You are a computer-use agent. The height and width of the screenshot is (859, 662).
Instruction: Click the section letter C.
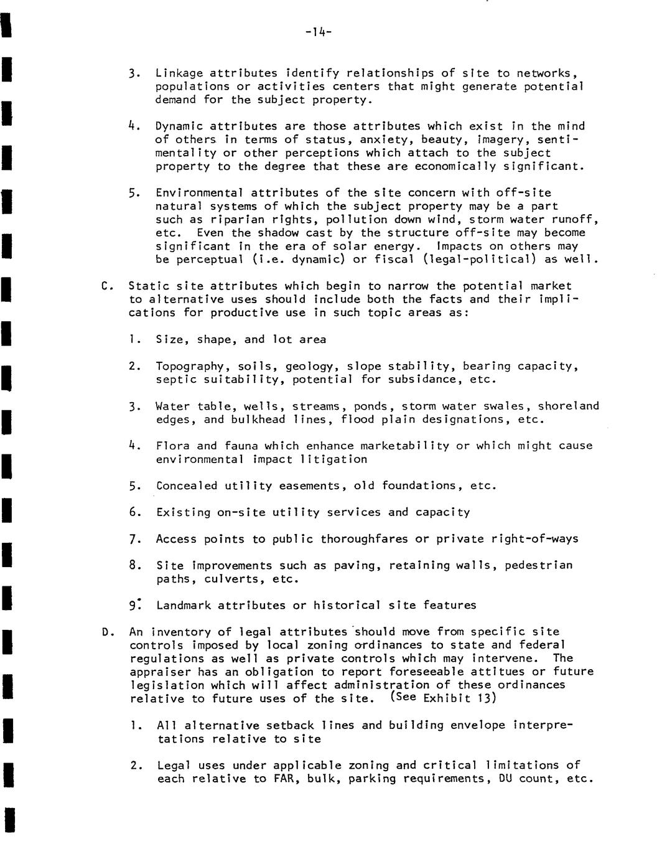click(x=105, y=286)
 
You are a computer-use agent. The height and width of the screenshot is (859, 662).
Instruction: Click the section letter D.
click(x=105, y=632)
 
